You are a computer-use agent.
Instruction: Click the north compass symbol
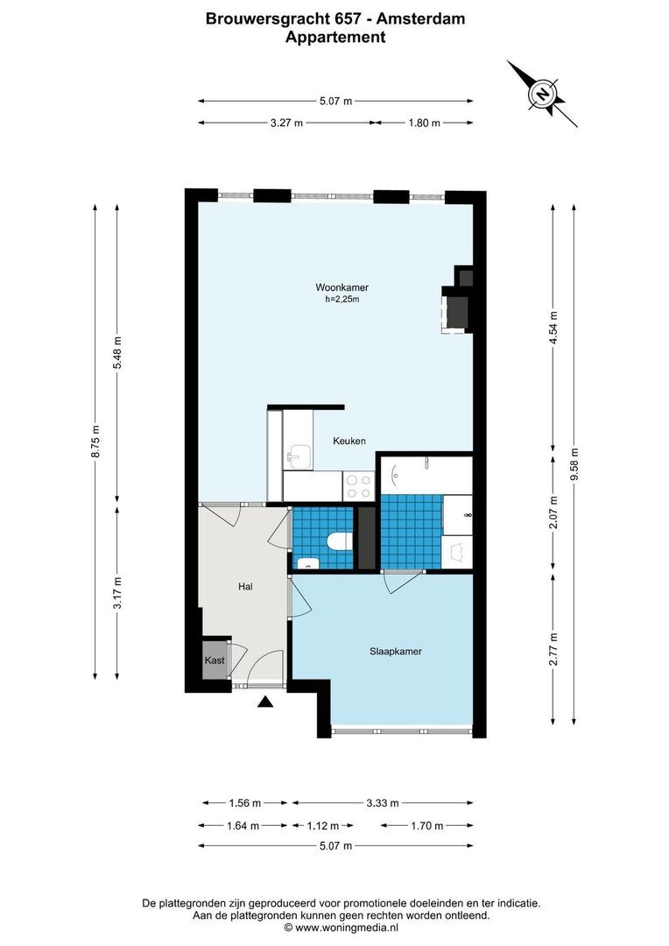543,94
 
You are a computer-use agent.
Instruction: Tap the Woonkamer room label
342,287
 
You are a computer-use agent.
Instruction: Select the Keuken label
349,441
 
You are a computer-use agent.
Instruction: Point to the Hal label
245,587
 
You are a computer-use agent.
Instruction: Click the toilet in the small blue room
337,540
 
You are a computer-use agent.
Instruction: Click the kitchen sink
297,454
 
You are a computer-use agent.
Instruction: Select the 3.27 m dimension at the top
286,124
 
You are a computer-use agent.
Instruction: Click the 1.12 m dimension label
322,825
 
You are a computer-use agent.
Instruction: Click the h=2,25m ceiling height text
342,300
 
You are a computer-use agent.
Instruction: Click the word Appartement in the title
335,38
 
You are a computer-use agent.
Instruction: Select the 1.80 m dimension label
424,124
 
